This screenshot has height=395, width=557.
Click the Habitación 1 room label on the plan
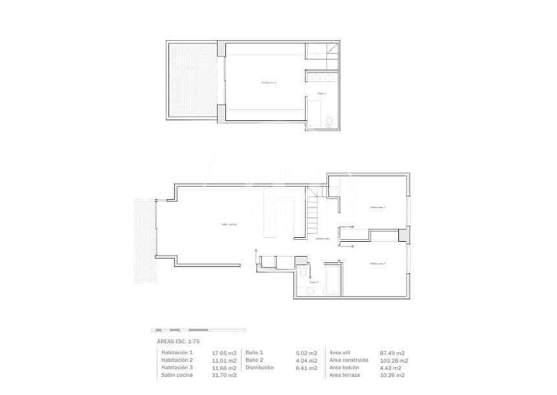[269, 83]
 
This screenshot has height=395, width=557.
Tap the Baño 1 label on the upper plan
[322, 94]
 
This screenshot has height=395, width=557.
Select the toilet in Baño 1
[329, 121]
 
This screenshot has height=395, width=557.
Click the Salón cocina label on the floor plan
[229, 224]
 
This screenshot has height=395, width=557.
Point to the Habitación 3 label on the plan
[378, 208]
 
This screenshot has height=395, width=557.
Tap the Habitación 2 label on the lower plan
[378, 264]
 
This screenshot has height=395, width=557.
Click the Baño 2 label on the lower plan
[313, 282]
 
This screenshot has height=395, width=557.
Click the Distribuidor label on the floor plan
[323, 239]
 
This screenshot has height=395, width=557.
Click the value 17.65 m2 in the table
[223, 353]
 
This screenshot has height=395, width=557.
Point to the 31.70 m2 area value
[223, 375]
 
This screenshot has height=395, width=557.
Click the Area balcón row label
[347, 368]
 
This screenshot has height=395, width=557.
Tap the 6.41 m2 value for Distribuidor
[306, 368]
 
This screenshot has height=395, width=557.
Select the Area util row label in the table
[343, 353]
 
